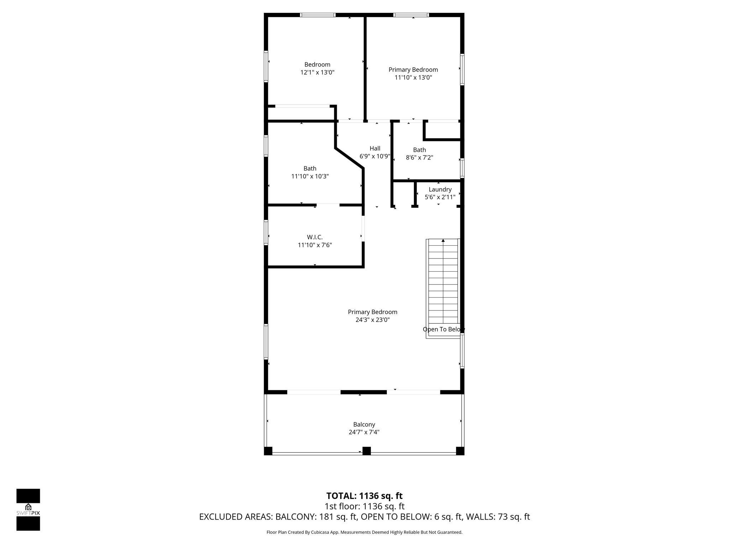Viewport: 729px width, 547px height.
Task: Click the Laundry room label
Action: (440, 189)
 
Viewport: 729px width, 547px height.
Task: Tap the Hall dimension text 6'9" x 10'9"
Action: (375, 156)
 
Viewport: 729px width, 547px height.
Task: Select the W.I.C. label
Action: (315, 237)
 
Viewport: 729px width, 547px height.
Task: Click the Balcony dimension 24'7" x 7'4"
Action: (364, 432)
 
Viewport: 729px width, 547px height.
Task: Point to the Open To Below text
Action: (443, 329)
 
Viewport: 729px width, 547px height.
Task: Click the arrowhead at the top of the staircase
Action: (443, 241)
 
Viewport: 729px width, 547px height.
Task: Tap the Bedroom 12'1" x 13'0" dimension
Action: (317, 72)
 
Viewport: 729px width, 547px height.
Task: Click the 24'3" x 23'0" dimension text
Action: (372, 320)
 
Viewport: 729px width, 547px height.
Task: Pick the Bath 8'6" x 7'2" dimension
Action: (419, 158)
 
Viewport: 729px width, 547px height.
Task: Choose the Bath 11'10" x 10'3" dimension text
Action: (310, 176)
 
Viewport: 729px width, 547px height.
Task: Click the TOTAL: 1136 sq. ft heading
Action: (364, 496)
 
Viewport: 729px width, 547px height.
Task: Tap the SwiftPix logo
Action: (28, 510)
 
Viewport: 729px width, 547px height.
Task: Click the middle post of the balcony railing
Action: (366, 451)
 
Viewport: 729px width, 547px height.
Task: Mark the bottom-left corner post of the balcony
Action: (268, 451)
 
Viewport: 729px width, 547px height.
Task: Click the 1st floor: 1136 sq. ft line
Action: (364, 506)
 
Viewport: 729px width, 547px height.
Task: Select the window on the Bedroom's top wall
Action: (318, 15)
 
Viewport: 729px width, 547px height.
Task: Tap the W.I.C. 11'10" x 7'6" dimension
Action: (315, 245)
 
